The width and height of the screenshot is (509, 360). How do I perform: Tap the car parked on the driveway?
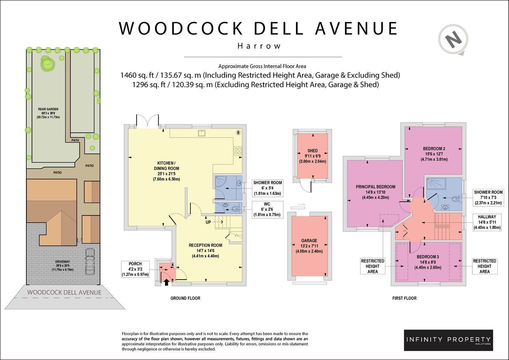pyautogui.click(x=90, y=261)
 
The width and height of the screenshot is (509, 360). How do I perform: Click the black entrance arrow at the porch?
pyautogui.click(x=166, y=282)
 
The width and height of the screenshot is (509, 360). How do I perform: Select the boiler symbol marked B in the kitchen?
pyautogui.click(x=238, y=132)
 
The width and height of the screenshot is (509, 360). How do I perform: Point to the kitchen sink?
pyautogui.click(x=202, y=133)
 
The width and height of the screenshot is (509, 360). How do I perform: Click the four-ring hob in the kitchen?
pyautogui.click(x=238, y=151)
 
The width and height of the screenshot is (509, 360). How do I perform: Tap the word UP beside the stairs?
pyautogui.click(x=208, y=222)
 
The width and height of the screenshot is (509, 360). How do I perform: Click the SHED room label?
pyautogui.click(x=313, y=151)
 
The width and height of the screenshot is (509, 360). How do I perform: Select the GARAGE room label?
pyautogui.click(x=309, y=240)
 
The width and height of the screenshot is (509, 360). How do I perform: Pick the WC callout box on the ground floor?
pyautogui.click(x=267, y=209)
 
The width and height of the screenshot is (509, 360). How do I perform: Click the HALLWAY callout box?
pyautogui.click(x=487, y=222)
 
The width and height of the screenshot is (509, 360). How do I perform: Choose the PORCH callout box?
pyautogui.click(x=135, y=269)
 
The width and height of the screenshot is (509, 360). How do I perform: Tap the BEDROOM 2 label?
pyautogui.click(x=434, y=149)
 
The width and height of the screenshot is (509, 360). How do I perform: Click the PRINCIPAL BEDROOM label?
pyautogui.click(x=376, y=187)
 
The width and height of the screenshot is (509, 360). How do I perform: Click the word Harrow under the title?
pyautogui.click(x=259, y=46)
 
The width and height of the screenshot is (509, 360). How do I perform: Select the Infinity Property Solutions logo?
pyautogui.click(x=448, y=340)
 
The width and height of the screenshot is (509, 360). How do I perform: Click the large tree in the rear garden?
pyautogui.click(x=48, y=63)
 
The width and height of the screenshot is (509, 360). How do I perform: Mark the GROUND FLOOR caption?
pyautogui.click(x=185, y=298)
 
